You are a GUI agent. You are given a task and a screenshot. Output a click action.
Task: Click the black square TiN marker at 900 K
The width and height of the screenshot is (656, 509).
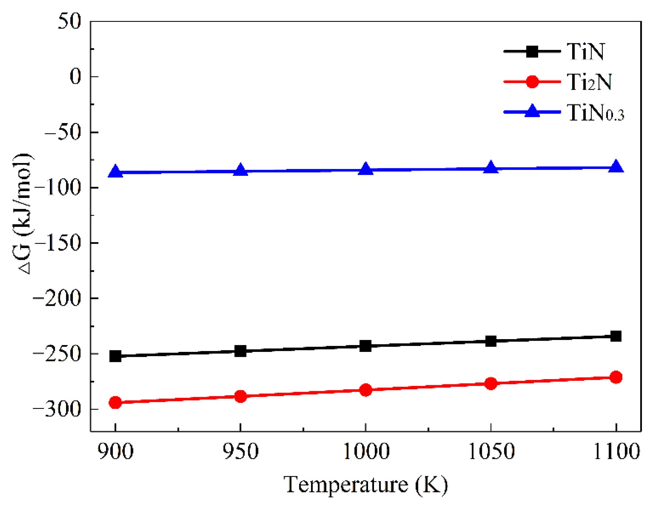(x=115, y=356)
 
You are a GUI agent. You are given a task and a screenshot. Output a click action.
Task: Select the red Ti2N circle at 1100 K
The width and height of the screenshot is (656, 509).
(x=616, y=377)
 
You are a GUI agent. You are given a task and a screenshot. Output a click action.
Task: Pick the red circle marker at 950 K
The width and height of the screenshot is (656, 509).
(x=240, y=396)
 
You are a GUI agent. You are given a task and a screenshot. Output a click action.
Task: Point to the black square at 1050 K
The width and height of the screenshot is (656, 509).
(x=491, y=341)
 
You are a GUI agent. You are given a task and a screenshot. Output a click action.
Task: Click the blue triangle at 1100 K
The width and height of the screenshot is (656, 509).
(x=616, y=167)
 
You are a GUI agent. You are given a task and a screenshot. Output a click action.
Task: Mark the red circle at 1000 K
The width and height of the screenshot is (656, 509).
(x=366, y=390)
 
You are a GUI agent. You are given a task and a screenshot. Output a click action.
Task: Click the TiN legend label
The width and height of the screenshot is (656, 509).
(x=585, y=51)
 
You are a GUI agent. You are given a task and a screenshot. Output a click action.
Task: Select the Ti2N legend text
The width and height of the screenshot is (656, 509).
(x=589, y=82)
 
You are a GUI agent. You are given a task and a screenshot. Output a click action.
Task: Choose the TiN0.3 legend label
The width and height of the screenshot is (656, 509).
(x=595, y=113)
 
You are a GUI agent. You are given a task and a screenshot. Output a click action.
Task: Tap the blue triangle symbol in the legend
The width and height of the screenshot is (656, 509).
(x=532, y=111)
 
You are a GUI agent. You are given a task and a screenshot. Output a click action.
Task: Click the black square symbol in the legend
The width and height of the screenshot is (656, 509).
(x=532, y=51)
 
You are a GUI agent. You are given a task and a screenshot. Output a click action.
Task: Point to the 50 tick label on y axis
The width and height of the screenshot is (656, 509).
(x=69, y=22)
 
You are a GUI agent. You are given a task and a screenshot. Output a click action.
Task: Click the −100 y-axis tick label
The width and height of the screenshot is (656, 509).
(x=58, y=188)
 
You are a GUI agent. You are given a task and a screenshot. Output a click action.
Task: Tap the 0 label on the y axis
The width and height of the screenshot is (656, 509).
(x=75, y=76)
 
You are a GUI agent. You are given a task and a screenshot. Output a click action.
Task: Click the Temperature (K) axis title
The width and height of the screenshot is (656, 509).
(x=366, y=485)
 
